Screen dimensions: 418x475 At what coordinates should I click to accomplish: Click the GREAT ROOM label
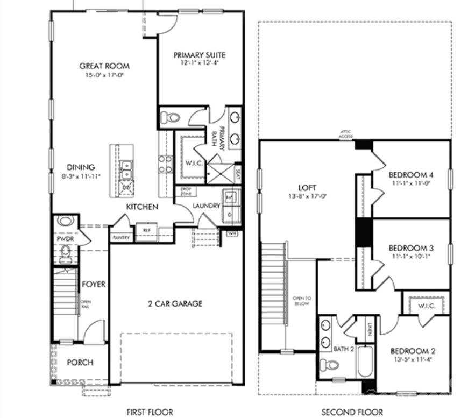(x=104, y=66)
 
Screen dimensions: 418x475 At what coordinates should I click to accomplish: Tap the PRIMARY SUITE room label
(x=199, y=55)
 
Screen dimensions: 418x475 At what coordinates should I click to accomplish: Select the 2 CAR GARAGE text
(x=175, y=303)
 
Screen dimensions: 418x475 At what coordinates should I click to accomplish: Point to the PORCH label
(x=80, y=362)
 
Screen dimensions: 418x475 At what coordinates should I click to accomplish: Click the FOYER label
(x=94, y=284)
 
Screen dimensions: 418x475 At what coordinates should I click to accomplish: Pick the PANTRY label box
(x=121, y=237)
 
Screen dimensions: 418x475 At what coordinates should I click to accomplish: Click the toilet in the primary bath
(x=172, y=117)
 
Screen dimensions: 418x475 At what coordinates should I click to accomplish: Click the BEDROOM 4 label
(x=411, y=175)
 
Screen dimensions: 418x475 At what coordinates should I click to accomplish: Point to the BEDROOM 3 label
(x=411, y=248)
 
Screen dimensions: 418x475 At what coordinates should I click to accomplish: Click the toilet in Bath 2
(x=329, y=365)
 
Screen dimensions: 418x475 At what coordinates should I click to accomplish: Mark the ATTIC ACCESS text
(x=345, y=134)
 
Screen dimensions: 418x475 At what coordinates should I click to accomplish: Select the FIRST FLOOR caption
(x=150, y=412)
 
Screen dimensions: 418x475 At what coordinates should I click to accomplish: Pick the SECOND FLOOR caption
(x=352, y=412)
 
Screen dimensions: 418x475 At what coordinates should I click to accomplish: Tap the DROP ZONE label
(x=186, y=191)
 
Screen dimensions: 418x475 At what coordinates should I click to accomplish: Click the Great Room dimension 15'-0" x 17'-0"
(x=104, y=75)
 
